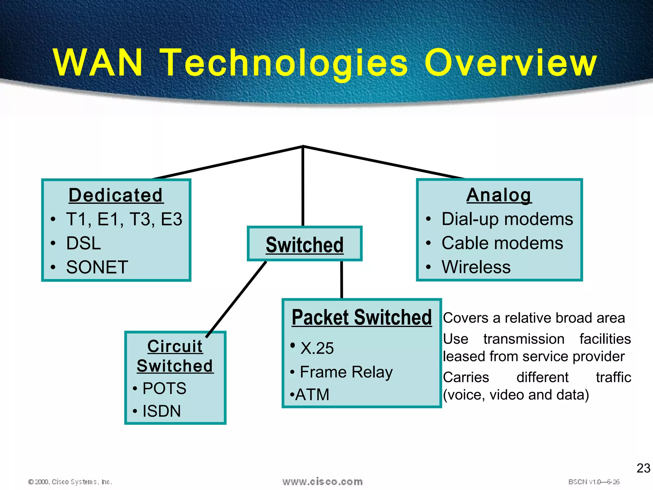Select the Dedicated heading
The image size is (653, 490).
(116, 195)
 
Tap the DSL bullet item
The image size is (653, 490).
(84, 243)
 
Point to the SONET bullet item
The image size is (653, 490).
(97, 267)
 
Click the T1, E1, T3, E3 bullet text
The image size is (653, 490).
(124, 219)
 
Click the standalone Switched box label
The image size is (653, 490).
(304, 245)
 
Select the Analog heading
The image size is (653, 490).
(499, 195)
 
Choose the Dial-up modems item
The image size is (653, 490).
(507, 219)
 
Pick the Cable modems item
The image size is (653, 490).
(502, 243)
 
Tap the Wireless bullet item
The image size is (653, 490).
(476, 267)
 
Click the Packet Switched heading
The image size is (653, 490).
(362, 317)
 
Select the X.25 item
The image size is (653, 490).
(317, 348)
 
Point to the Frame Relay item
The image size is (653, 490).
(346, 372)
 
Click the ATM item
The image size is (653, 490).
(312, 395)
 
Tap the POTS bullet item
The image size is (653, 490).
(164, 388)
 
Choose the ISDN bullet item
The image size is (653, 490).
(161, 411)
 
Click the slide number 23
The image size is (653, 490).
(643, 468)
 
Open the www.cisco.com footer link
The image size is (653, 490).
(322, 481)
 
